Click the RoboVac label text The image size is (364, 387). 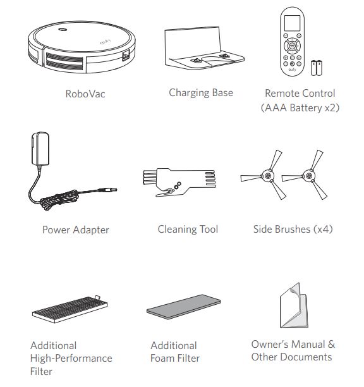pyautogui.click(x=85, y=94)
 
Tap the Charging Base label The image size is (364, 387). pyautogui.click(x=201, y=93)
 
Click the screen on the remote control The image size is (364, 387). pyautogui.click(x=292, y=23)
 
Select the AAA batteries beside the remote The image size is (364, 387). pyautogui.click(x=317, y=68)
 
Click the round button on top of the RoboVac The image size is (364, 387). pyautogui.click(x=63, y=30)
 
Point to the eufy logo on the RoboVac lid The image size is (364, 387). pyautogui.click(x=106, y=42)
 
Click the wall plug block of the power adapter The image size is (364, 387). pyautogui.click(x=40, y=149)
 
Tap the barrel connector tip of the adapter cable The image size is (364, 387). pyautogui.click(x=108, y=190)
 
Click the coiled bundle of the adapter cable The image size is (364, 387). pyautogui.click(x=59, y=199)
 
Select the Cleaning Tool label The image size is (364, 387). pyautogui.click(x=188, y=230)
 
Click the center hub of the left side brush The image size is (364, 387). pyautogui.click(x=268, y=176)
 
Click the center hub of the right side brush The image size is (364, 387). pyautogui.click(x=309, y=176)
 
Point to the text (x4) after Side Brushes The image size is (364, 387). pyautogui.click(x=323, y=230)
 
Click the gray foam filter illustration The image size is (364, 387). pyautogui.click(x=184, y=307)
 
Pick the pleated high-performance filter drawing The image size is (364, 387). pyautogui.click(x=70, y=309)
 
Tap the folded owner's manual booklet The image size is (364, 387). pyautogui.click(x=294, y=305)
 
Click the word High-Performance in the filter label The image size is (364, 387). pyautogui.click(x=71, y=359)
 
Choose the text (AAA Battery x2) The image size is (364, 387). pyautogui.click(x=300, y=108)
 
